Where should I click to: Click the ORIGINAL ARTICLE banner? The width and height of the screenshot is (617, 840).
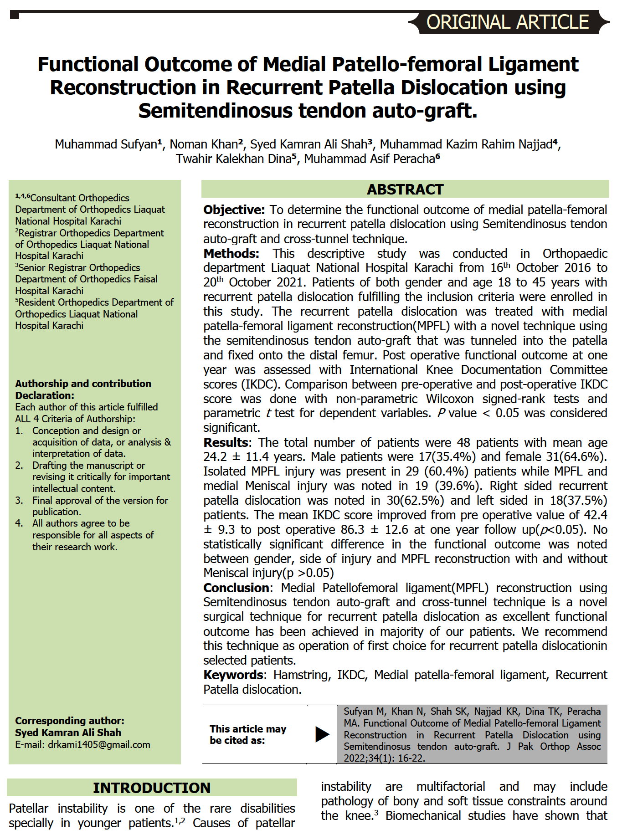coord(508,22)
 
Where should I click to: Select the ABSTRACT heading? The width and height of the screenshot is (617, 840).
coord(405,190)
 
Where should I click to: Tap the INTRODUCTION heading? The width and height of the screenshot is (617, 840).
coord(152,788)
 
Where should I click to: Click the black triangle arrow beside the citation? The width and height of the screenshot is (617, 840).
coord(322,734)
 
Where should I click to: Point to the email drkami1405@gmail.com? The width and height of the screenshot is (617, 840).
coord(99,745)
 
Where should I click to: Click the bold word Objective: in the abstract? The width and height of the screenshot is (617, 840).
coord(234,210)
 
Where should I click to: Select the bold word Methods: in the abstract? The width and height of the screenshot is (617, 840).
coord(231,254)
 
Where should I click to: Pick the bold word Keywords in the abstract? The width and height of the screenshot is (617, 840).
coord(233,675)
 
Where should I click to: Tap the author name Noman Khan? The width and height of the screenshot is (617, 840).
coord(204,144)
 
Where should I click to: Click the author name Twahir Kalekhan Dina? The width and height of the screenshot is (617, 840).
coord(234,159)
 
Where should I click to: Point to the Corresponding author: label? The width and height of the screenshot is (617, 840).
coord(70,721)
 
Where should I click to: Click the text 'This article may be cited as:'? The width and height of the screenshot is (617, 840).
coord(247,735)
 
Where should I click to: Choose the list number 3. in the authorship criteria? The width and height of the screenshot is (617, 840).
coord(19,501)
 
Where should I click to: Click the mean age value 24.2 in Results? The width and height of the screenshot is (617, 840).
coord(215,457)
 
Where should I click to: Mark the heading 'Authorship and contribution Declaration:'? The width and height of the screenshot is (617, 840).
coord(83,389)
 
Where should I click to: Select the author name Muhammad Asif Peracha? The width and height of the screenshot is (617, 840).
coord(369,159)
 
